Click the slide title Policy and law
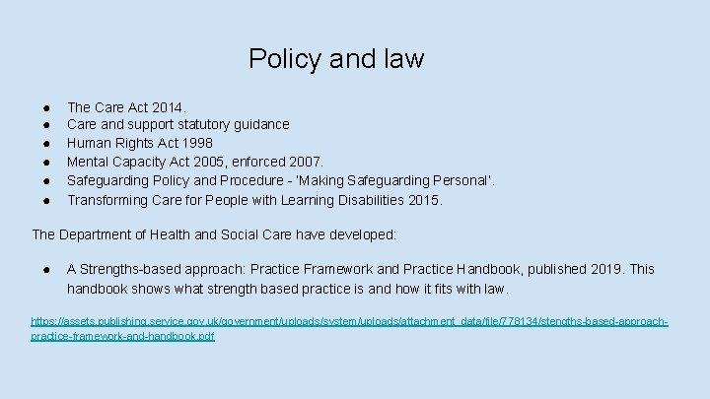pyautogui.click(x=336, y=59)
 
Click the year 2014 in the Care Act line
pyautogui.click(x=168, y=105)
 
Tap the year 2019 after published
pyautogui.click(x=602, y=269)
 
